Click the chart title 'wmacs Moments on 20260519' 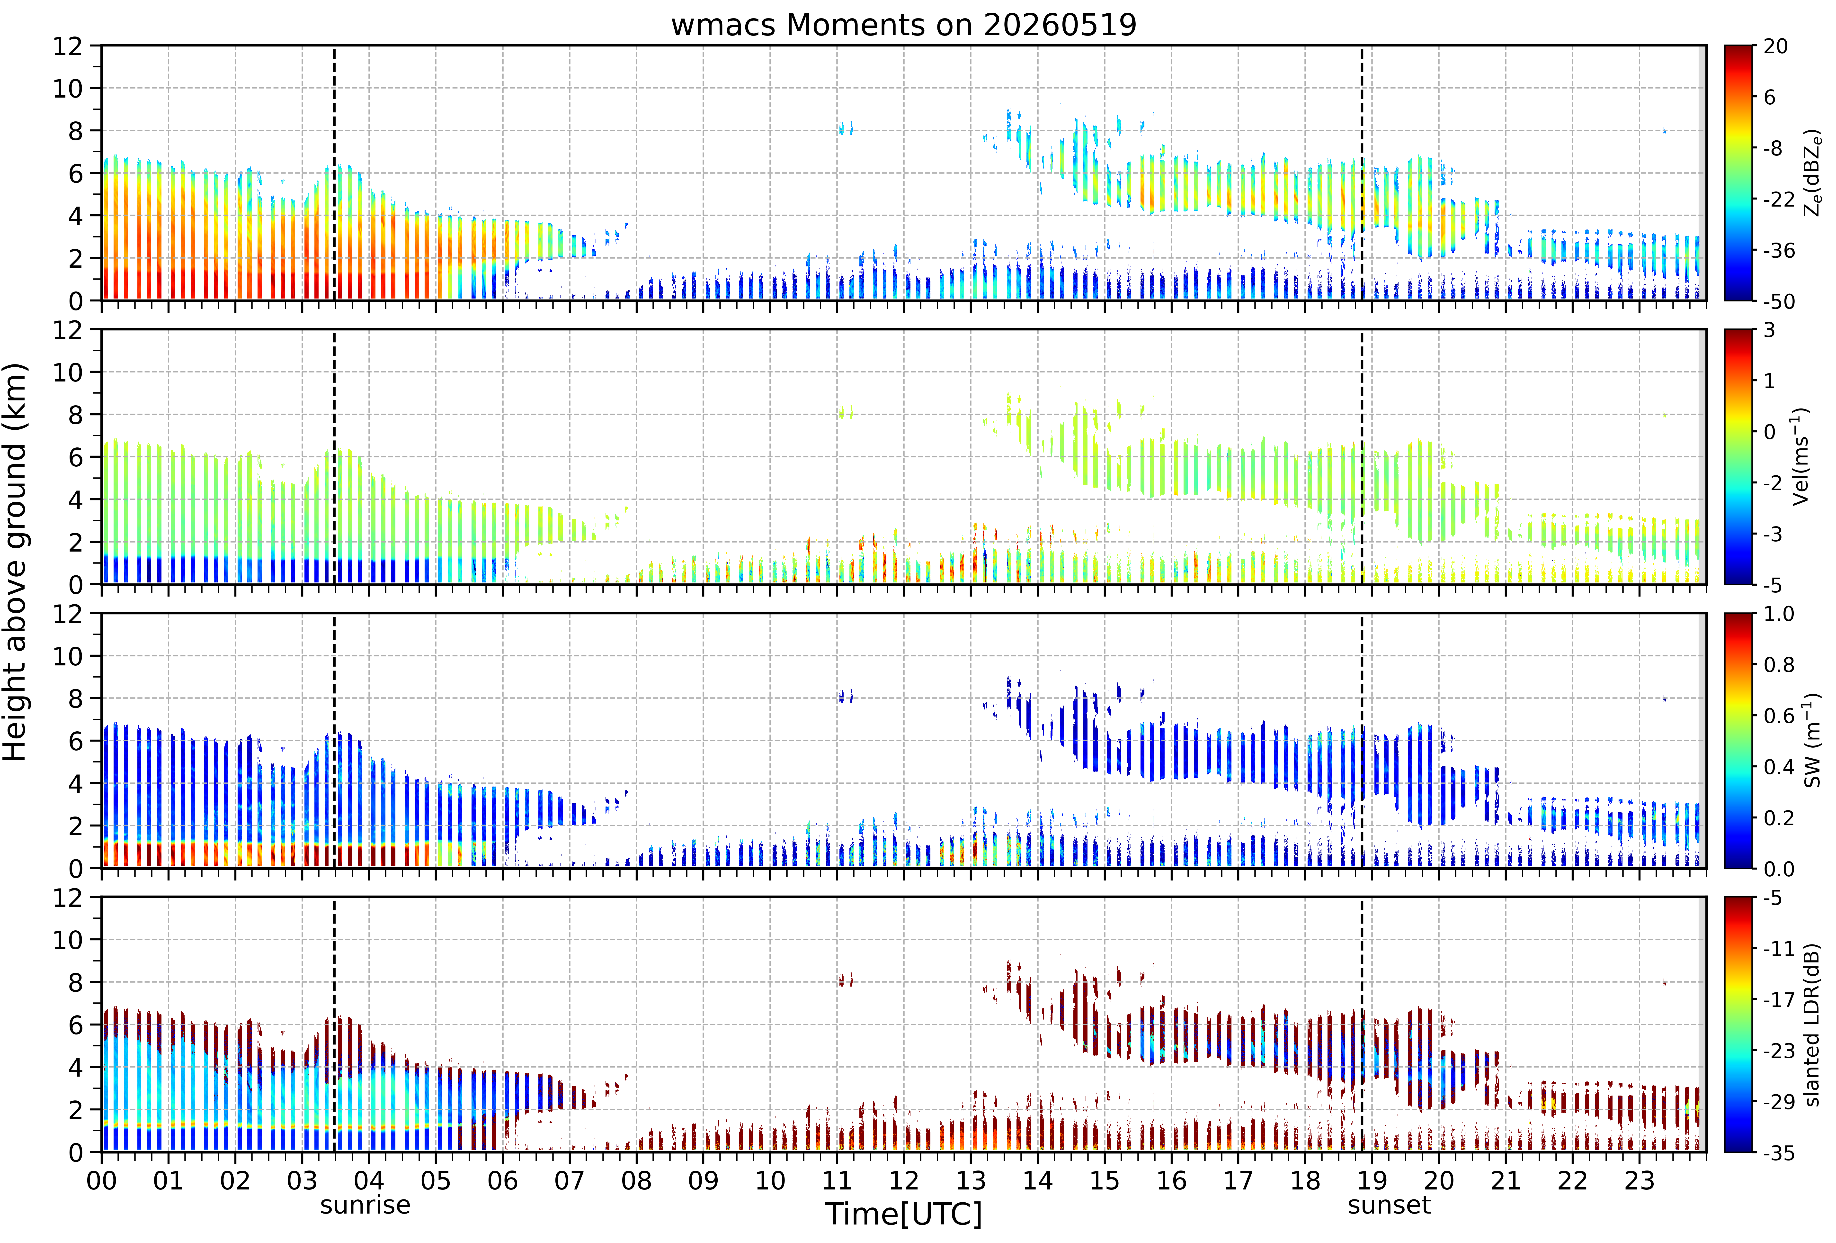click(904, 25)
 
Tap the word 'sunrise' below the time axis click(365, 1205)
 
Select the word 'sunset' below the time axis click(1389, 1205)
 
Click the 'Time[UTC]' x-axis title click(904, 1214)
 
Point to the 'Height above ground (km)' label click(15, 562)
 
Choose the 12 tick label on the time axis click(904, 1181)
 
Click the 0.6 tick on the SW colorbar click(1779, 716)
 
